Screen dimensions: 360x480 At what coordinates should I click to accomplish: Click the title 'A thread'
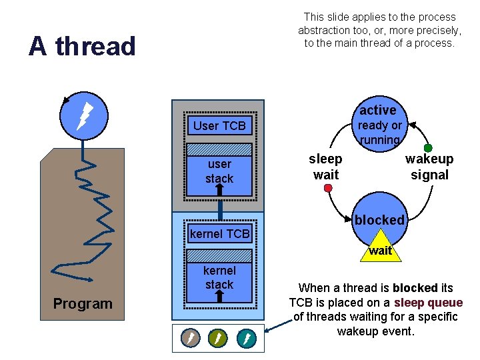(x=82, y=46)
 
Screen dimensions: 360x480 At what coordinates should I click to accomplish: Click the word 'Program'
(x=83, y=304)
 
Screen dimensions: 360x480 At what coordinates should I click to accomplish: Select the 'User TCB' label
(x=219, y=125)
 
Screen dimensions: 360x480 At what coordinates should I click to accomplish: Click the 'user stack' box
(x=219, y=171)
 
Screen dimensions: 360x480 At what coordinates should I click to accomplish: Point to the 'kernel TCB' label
(x=219, y=233)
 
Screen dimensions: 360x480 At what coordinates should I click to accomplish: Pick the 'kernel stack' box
(x=219, y=277)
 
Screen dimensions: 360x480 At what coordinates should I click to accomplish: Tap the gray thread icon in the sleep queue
(x=191, y=339)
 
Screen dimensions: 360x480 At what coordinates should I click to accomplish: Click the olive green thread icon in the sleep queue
(x=218, y=339)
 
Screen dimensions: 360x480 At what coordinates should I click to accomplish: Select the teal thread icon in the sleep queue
(x=246, y=339)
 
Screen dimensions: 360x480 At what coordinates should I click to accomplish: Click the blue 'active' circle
(x=378, y=120)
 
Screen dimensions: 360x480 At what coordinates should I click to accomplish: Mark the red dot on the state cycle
(x=328, y=189)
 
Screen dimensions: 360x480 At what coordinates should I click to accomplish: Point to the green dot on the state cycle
(x=428, y=148)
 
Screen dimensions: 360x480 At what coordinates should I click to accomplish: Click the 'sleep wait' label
(x=325, y=167)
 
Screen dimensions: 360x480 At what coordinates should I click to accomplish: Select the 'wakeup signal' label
(x=429, y=167)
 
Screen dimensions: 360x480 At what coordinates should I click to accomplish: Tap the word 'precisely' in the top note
(x=436, y=30)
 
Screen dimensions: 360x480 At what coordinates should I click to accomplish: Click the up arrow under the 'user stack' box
(x=219, y=189)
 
